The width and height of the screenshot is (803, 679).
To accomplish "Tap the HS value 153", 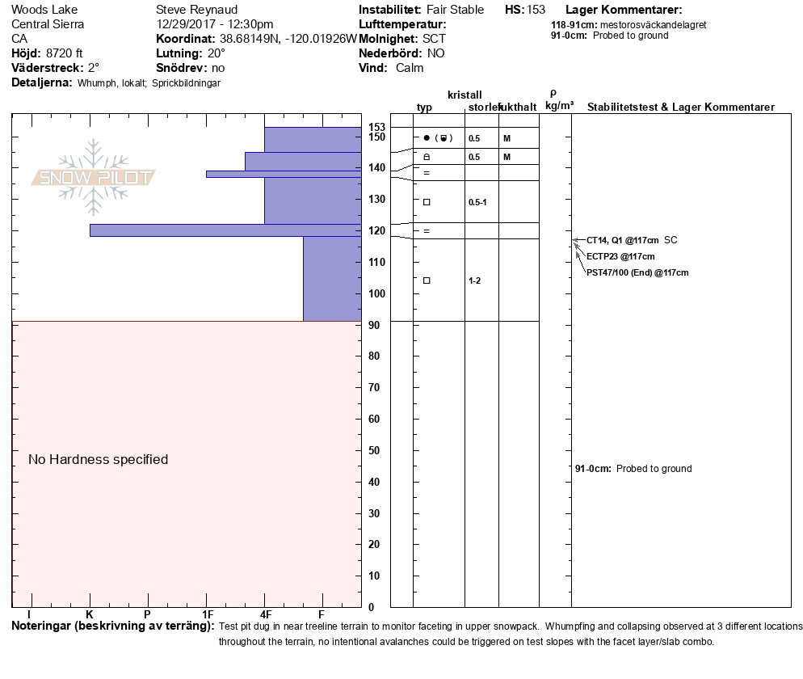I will tap(536, 10).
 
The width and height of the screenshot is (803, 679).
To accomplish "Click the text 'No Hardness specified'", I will tap(98, 460).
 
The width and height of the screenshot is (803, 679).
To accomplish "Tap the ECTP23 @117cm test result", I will tap(620, 256).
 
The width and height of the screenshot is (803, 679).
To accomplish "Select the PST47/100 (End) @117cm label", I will tap(637, 273).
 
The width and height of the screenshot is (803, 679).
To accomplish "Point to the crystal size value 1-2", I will tap(475, 280).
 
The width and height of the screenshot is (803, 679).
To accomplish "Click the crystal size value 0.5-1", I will tap(477, 202).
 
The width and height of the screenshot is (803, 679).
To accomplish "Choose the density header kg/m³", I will tap(559, 106).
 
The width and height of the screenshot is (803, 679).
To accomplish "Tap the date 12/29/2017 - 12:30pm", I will tap(214, 24).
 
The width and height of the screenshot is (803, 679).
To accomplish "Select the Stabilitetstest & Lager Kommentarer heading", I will tap(680, 108).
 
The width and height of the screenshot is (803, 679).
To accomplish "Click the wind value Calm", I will tap(410, 68).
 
